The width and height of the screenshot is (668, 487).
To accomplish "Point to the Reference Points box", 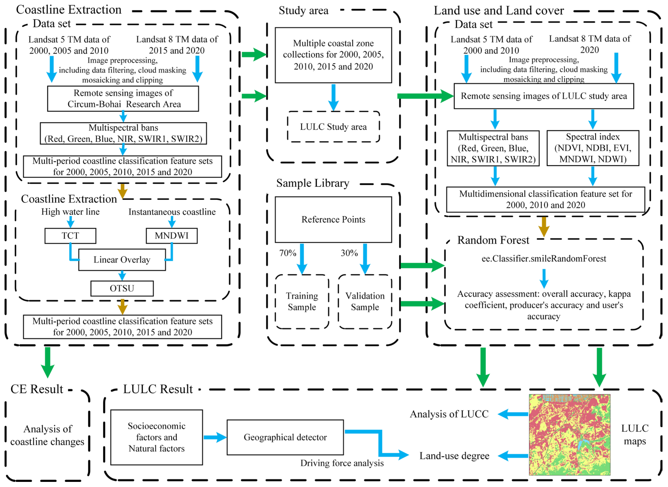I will [x=333, y=220].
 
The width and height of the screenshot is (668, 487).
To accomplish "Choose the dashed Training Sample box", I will [x=302, y=301].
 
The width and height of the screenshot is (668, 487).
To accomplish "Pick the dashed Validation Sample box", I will [x=365, y=301].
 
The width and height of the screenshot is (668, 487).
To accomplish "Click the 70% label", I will [x=288, y=253].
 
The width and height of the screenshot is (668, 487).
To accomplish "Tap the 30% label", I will [x=349, y=253].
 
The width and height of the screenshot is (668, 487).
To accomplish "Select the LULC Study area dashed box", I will [x=333, y=127].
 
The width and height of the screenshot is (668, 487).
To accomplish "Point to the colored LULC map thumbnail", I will [x=569, y=435].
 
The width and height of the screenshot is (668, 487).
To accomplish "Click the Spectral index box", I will [x=593, y=148].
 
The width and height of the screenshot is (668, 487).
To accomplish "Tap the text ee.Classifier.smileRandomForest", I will [x=544, y=259].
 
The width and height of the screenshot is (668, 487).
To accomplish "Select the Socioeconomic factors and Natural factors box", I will [x=157, y=437].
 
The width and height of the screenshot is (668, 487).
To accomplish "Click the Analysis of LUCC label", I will [x=449, y=414].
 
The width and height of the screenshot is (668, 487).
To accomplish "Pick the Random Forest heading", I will [x=493, y=240].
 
